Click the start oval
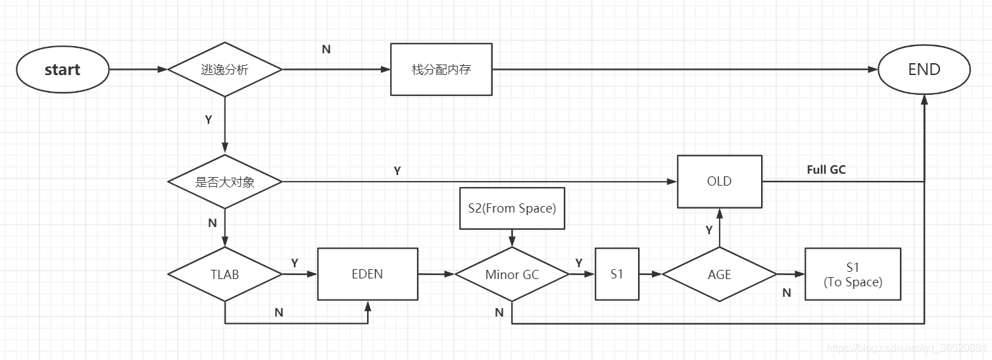(62, 70)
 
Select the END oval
(924, 70)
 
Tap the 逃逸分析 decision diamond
(225, 70)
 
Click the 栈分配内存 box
(441, 70)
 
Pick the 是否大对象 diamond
(225, 182)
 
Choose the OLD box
(719, 181)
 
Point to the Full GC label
(826, 170)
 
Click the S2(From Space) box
(512, 209)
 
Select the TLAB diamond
(225, 274)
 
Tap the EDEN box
(367, 274)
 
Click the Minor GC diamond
(512, 274)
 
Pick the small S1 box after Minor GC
(616, 274)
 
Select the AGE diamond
(719, 274)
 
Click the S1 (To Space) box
(853, 274)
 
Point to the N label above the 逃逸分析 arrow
(326, 49)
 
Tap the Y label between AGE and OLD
(709, 230)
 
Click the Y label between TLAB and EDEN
(295, 263)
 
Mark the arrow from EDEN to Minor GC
(436, 274)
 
